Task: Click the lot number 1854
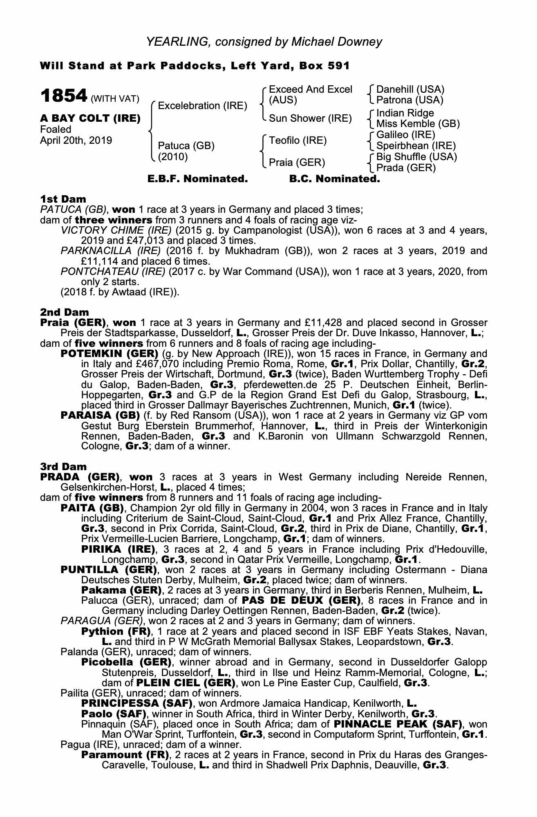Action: click(x=64, y=96)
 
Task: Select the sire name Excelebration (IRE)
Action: click(x=203, y=106)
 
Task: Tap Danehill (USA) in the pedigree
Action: click(x=410, y=89)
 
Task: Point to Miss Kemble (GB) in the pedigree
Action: click(x=418, y=124)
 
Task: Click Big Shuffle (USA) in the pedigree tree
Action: click(x=416, y=157)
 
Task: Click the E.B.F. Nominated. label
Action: click(x=198, y=179)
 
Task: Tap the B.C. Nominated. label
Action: click(x=334, y=179)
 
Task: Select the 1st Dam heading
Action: click(x=63, y=199)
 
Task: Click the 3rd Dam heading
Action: click(x=63, y=467)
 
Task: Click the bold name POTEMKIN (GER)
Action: click(x=109, y=353)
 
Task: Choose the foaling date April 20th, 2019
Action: click(x=76, y=140)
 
